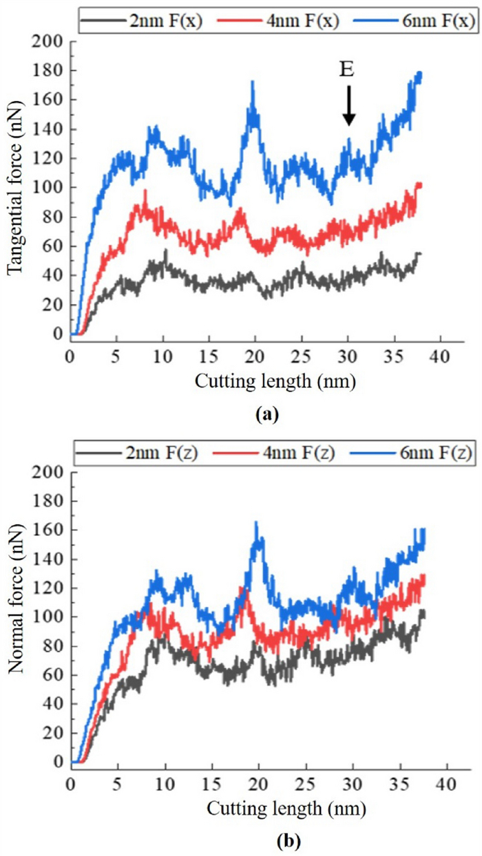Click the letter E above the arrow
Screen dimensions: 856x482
[349, 69]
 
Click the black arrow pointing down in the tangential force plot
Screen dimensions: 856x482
[349, 105]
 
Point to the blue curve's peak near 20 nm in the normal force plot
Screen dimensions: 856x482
[256, 522]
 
